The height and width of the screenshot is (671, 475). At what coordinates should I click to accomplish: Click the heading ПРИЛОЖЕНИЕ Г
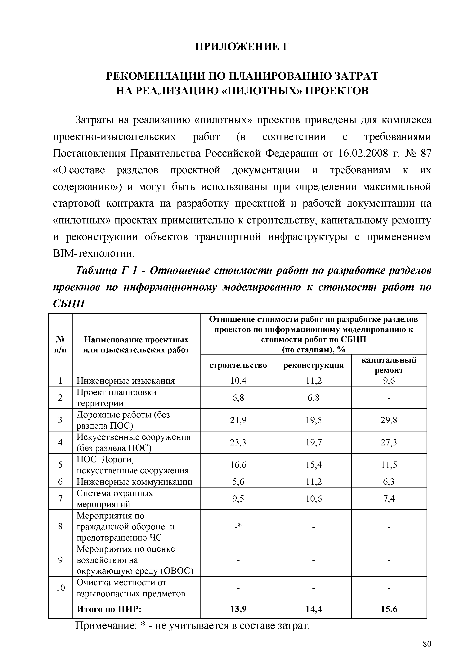(242, 47)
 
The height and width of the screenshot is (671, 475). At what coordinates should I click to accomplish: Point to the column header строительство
(238, 365)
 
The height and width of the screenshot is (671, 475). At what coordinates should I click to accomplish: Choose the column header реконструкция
(314, 365)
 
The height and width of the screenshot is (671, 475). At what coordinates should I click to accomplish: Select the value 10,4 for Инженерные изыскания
(238, 381)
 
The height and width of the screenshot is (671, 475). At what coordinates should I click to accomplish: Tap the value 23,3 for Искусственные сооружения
(238, 443)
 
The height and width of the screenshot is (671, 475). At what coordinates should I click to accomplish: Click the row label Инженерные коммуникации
(135, 482)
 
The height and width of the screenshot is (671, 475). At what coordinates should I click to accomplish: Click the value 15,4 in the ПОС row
(314, 465)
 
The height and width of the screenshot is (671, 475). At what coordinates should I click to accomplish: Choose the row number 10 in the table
(60, 588)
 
